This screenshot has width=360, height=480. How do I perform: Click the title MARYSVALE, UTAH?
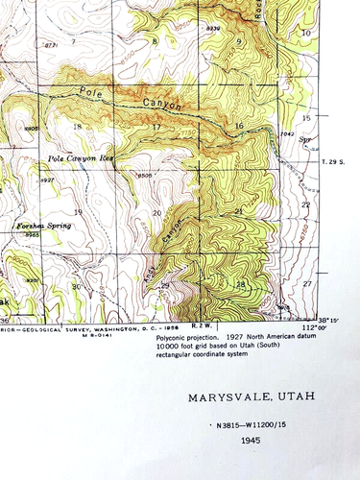pos(252,397)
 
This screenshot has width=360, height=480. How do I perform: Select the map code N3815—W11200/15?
pos(252,423)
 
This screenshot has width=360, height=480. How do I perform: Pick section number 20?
pos(156,212)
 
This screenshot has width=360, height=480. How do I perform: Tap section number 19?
pos(78,211)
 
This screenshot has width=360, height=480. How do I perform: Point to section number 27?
pos(306,284)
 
